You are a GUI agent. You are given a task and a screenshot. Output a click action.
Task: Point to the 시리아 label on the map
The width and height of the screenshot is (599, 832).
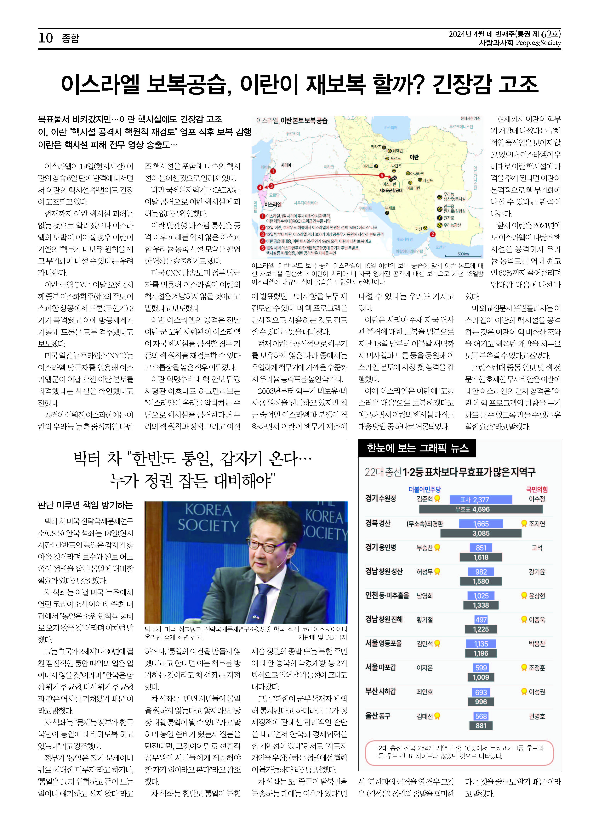click(x=286, y=165)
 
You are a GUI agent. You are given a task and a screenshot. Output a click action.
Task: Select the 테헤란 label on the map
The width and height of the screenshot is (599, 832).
click(x=397, y=151)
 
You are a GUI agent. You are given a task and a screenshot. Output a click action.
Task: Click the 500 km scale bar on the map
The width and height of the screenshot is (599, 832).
click(x=463, y=255)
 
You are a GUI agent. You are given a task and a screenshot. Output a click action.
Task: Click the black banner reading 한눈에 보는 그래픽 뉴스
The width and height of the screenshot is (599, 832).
click(x=417, y=448)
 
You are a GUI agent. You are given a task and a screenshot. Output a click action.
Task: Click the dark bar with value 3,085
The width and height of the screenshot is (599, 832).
click(x=481, y=533)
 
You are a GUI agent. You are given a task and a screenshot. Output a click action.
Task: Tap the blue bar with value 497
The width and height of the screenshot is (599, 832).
click(x=481, y=620)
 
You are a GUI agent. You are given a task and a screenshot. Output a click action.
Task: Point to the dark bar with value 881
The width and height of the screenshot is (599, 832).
click(x=481, y=726)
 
